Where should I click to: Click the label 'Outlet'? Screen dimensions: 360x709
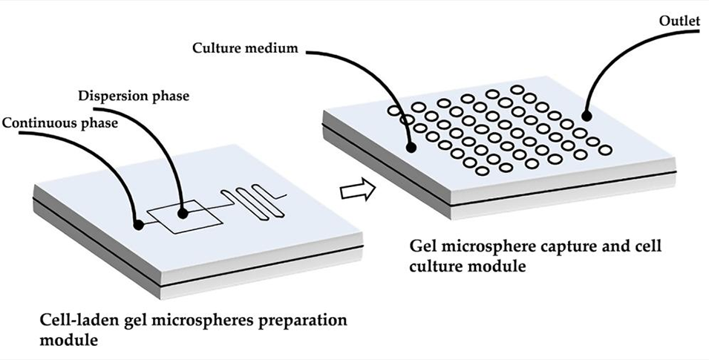[x=679, y=21]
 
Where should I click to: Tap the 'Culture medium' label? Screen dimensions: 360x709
[x=245, y=49]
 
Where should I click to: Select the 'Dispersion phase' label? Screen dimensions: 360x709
[x=134, y=96]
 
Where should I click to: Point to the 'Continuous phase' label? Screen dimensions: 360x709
[x=59, y=122]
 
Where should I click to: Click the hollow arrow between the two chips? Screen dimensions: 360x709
[x=353, y=192]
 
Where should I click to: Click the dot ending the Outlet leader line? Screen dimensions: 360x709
[x=587, y=116]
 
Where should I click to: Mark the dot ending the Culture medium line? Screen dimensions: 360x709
[x=410, y=148]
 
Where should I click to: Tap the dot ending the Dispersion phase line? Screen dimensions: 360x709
[x=182, y=212]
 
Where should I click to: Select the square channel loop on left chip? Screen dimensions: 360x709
[x=183, y=215]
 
